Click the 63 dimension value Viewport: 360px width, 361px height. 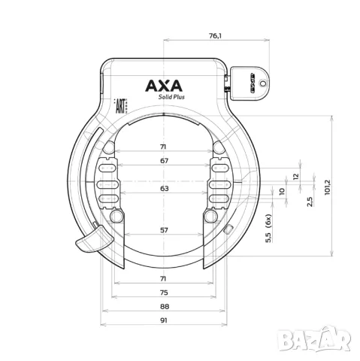(164, 190)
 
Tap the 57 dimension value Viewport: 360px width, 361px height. (164, 231)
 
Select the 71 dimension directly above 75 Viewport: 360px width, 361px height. (164, 278)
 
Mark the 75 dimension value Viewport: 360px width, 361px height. (164, 293)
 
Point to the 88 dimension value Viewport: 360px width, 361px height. (164, 307)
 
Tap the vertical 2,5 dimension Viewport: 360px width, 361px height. (309, 201)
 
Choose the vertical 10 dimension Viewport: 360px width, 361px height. (282, 191)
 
